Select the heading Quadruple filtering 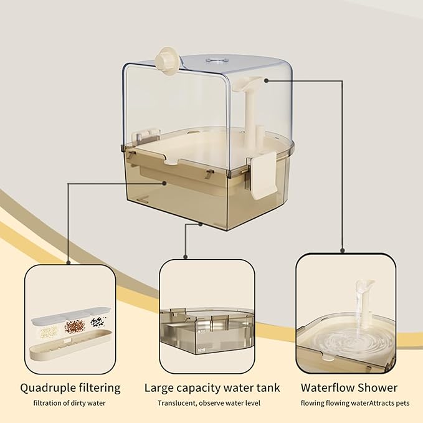click(70, 387)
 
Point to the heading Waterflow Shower click(349, 387)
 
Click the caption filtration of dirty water click(70, 403)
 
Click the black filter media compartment click(97, 323)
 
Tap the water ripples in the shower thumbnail click(346, 343)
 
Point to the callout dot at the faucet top click(267, 80)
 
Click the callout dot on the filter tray click(164, 183)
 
